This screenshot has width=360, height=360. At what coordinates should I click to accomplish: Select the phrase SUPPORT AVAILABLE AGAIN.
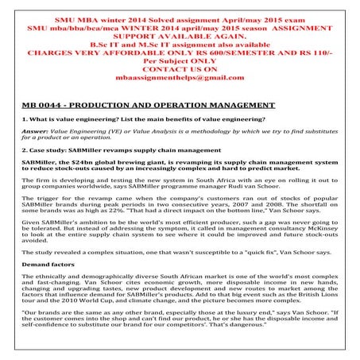(180, 36)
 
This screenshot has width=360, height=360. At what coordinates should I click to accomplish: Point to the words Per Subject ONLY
(180, 56)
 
